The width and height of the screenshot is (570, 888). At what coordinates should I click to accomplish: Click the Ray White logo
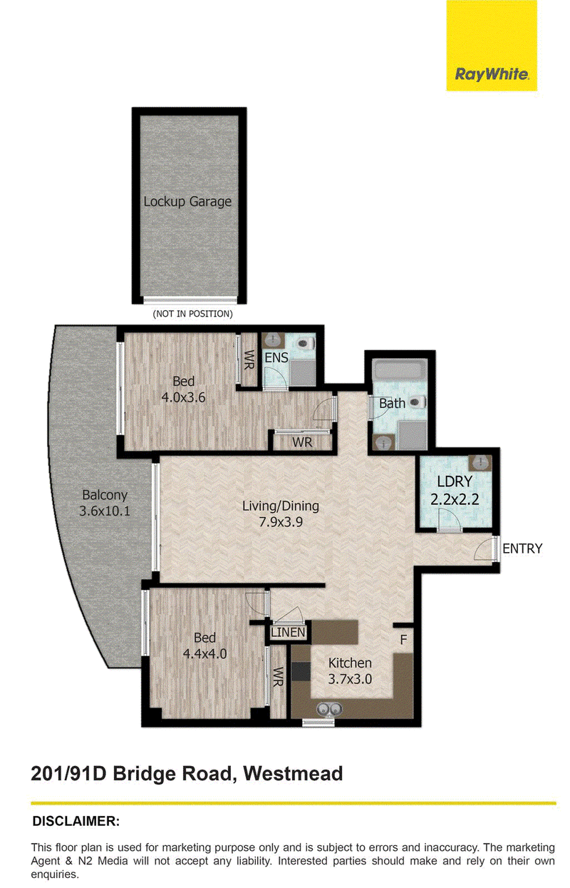tap(491, 45)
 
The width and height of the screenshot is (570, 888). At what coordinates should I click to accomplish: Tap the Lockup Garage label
tap(187, 202)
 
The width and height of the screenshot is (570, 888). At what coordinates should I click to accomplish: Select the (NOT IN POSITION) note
tap(192, 314)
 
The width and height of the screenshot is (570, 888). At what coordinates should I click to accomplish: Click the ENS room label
tap(276, 357)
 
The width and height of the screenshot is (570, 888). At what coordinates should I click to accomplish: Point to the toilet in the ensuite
tap(306, 342)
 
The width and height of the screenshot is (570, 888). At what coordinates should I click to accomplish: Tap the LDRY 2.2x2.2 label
tap(455, 490)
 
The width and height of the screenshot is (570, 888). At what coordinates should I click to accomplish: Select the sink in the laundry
tap(480, 462)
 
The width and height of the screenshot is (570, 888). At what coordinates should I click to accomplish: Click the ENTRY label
tap(522, 548)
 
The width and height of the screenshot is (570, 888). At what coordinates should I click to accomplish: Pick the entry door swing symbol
tap(484, 550)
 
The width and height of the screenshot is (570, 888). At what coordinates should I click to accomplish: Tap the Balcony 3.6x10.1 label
tap(105, 503)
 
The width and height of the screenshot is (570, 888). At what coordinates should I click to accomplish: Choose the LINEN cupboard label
tap(288, 633)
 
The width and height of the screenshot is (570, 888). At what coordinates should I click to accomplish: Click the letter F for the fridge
tap(403, 640)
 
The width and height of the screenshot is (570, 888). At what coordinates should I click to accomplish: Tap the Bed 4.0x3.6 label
tap(183, 389)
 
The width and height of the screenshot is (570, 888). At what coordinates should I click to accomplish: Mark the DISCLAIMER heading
tap(76, 822)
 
